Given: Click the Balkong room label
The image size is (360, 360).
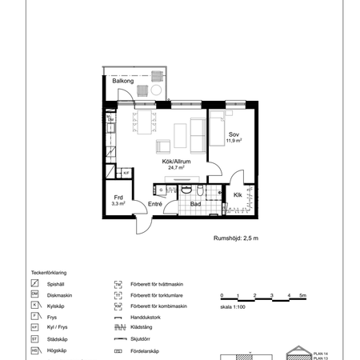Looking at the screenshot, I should point(122,82).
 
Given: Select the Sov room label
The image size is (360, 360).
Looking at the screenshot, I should point(234,134).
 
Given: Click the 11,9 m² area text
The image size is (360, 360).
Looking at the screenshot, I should point(234,141).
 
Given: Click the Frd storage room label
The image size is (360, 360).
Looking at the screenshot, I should point(118,197).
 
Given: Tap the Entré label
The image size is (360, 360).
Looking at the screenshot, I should point(155,205).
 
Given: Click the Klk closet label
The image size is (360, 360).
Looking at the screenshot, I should point(238,194).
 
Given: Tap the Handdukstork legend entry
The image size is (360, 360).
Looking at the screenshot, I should point(148,317).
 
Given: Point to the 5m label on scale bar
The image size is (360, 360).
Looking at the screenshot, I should point(302,296).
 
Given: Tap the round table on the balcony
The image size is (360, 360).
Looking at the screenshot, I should point(154,90).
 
